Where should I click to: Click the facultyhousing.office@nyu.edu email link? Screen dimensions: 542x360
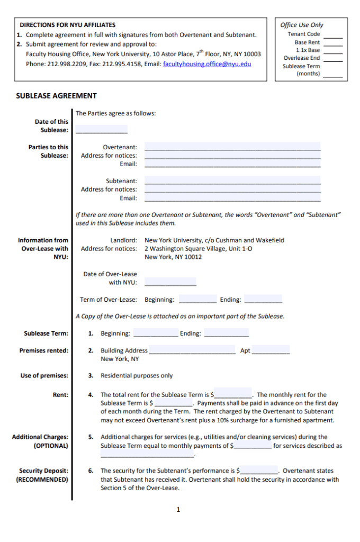(x=207, y=64)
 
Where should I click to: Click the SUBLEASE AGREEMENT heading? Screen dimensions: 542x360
(x=56, y=96)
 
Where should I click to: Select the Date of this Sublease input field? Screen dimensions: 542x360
(x=102, y=129)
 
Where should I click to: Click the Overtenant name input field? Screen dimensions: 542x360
(x=232, y=146)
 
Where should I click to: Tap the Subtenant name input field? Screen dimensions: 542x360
(x=232, y=180)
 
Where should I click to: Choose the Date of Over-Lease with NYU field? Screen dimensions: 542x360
(x=170, y=282)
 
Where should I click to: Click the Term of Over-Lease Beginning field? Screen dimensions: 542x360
(x=197, y=299)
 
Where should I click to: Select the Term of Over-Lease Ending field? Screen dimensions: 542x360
(x=263, y=299)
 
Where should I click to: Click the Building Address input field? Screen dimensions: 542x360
(x=192, y=350)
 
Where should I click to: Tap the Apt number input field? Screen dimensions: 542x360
(x=271, y=350)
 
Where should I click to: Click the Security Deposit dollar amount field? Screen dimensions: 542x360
(x=259, y=470)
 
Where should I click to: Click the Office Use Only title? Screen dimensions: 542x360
(x=301, y=25)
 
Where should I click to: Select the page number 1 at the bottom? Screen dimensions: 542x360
(x=178, y=509)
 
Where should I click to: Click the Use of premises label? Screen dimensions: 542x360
(x=44, y=376)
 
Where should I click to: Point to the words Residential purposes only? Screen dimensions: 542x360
(x=137, y=376)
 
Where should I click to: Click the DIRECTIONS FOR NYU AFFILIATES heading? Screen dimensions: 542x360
(x=67, y=25)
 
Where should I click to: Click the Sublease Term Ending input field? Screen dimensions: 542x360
(x=226, y=333)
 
